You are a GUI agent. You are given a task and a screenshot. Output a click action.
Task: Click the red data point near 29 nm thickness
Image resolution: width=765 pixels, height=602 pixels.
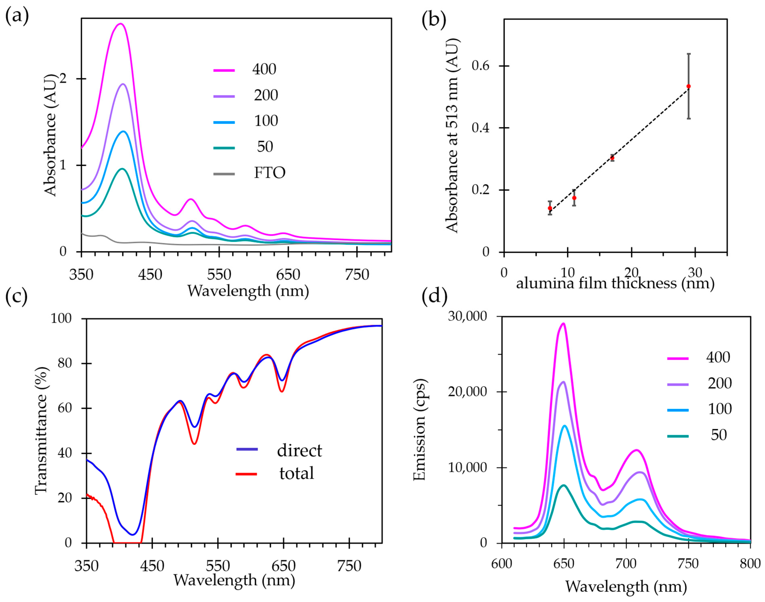[688, 86]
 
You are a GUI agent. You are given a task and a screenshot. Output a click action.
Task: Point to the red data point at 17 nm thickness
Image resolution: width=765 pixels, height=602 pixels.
[612, 158]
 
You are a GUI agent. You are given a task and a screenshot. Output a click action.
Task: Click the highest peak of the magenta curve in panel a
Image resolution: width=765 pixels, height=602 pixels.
[120, 24]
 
